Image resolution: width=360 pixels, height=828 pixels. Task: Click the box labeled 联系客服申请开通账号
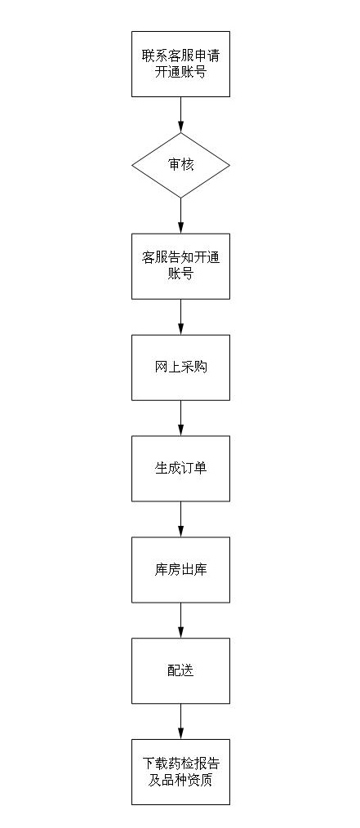coord(180,64)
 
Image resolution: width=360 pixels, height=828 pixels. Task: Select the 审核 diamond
coord(180,165)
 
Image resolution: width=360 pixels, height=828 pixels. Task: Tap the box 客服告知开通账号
coord(180,266)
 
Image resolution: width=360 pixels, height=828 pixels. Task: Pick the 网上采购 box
coord(180,367)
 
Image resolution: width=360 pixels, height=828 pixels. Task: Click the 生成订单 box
coord(180,469)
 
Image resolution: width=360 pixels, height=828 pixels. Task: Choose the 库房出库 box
coord(180,570)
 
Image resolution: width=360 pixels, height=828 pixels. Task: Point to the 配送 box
coord(180,670)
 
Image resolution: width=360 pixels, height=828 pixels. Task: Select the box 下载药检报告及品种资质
coord(180,772)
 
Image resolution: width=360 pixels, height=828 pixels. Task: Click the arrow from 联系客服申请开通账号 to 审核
coord(180,114)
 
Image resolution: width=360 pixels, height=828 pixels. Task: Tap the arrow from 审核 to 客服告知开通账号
coord(180,216)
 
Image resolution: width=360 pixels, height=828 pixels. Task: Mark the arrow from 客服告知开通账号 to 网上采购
coord(180,317)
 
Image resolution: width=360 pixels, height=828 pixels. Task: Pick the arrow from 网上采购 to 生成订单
coord(180,418)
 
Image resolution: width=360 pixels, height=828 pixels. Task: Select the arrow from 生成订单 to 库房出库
coord(180,519)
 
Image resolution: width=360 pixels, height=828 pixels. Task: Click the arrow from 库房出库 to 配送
coord(180,621)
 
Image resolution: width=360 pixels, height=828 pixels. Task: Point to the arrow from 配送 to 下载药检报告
coord(180,721)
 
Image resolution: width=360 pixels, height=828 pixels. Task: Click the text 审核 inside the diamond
coord(181,165)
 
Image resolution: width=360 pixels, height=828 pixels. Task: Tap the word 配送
coord(181,670)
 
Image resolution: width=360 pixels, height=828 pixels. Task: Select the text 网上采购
coord(181,367)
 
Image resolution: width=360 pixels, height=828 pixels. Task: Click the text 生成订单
coord(181,469)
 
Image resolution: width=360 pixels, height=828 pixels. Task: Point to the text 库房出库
coord(181,570)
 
